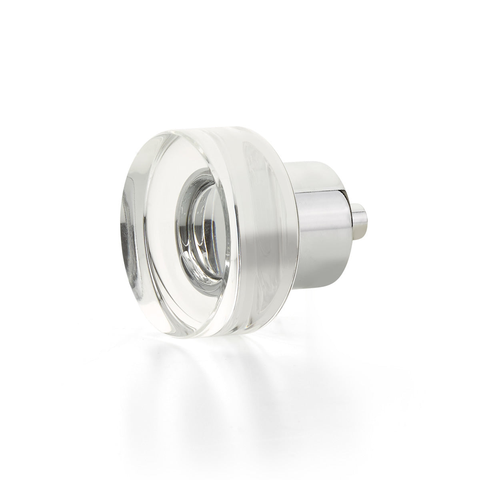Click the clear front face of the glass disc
point(160,200)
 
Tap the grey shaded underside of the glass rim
point(248,296)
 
